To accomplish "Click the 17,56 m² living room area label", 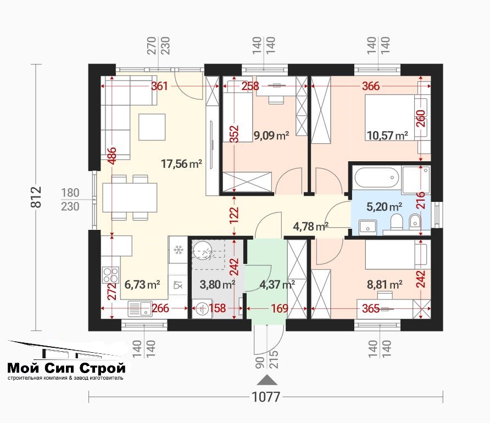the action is click(181, 163).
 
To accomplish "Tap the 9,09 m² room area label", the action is click(271, 136).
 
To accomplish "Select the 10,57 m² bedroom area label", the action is click(387, 136).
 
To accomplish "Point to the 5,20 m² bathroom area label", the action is click(384, 207).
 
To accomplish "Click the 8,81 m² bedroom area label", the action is click(385, 284).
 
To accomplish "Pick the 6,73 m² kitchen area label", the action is click(142, 284).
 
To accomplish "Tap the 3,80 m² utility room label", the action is click(217, 284).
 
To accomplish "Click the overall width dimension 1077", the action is click(266, 397).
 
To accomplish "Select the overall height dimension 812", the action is click(36, 197).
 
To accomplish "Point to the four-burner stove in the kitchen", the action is click(110, 275).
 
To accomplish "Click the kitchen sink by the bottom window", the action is click(140, 309).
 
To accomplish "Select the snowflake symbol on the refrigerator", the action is click(179, 250).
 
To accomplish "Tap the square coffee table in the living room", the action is click(152, 127).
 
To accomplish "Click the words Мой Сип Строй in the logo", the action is click(66, 368).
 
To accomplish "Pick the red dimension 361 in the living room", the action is click(159, 86).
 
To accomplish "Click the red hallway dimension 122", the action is click(234, 216).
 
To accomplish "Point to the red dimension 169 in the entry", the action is click(280, 308).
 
